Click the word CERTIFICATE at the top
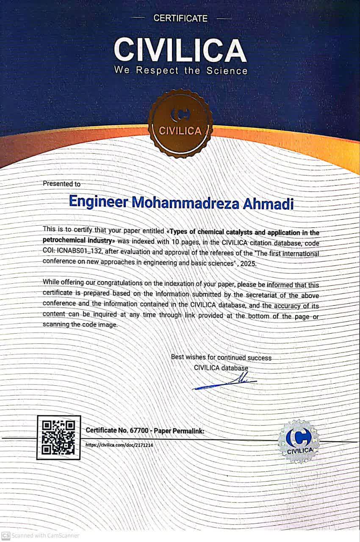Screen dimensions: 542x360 (180, 18)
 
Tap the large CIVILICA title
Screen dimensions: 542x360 (180, 49)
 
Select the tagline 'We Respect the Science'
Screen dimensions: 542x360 (180, 70)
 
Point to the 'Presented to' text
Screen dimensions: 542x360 (61, 184)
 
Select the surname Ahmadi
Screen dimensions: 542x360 (268, 203)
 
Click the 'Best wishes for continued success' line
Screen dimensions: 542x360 (221, 357)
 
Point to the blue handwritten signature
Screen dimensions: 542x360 (224, 383)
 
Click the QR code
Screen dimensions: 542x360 (58, 437)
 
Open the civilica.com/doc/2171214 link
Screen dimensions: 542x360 (119, 445)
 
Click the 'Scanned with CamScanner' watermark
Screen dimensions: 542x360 (40, 535)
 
